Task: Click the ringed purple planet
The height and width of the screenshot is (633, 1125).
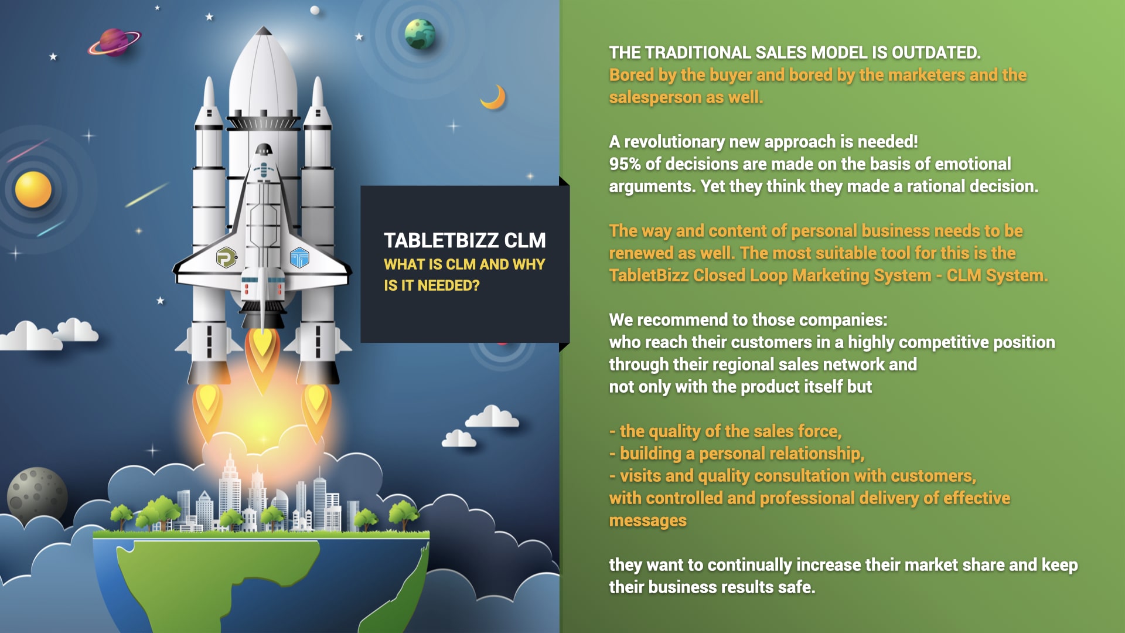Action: [x=115, y=42]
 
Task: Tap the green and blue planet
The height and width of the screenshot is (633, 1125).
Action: [x=420, y=33]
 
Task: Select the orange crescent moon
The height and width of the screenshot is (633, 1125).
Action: [x=494, y=97]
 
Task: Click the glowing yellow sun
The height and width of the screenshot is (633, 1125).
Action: [x=33, y=189]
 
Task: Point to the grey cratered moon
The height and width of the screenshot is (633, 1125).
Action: [x=36, y=495]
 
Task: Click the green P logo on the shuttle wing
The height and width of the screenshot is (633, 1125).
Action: [x=226, y=257]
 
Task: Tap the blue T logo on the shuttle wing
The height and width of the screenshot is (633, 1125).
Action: [x=299, y=257]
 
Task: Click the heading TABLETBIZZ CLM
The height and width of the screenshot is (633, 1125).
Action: [x=465, y=240]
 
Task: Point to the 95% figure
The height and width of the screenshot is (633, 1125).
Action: [x=625, y=164]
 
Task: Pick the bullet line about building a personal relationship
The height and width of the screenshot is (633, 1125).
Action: [x=737, y=454]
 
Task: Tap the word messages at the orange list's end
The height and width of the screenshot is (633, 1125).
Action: [x=648, y=521]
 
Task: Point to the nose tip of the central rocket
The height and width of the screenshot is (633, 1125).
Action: [x=264, y=28]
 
